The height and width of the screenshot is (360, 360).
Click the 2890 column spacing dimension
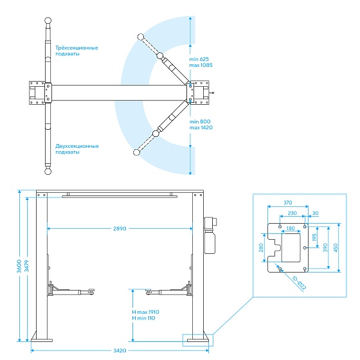pyautogui.click(x=120, y=229)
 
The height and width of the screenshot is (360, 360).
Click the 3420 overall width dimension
pyautogui.click(x=120, y=350)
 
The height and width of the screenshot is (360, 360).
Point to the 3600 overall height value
pyautogui.click(x=19, y=266)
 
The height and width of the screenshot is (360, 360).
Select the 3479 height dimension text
pyautogui.click(x=27, y=266)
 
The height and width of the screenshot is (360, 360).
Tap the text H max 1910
pyautogui.click(x=145, y=312)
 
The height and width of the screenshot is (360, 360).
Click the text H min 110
pyautogui.click(x=143, y=318)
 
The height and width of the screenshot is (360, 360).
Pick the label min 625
pyautogui.click(x=199, y=59)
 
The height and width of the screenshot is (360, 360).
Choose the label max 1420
pyautogui.click(x=201, y=128)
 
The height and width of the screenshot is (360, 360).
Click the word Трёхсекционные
pyautogui.click(x=76, y=48)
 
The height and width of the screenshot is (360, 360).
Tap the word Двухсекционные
pyautogui.click(x=77, y=147)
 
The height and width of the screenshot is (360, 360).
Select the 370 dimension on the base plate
pyautogui.click(x=288, y=203)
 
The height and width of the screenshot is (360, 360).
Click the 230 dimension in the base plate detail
pyautogui.click(x=292, y=213)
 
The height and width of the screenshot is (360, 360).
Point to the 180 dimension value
pyautogui.click(x=291, y=228)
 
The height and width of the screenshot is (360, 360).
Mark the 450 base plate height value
pyautogui.click(x=336, y=248)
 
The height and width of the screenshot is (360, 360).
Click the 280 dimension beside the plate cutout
pyautogui.click(x=261, y=248)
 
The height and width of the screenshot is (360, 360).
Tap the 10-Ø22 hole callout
pyautogui.click(x=299, y=283)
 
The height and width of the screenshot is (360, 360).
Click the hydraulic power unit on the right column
pyautogui.click(x=210, y=235)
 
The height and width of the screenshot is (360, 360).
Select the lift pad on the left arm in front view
pyautogui.click(x=91, y=291)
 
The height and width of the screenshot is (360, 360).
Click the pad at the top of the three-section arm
pyautogui.click(x=48, y=21)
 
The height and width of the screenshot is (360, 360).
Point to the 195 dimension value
pyautogui.click(x=314, y=237)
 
